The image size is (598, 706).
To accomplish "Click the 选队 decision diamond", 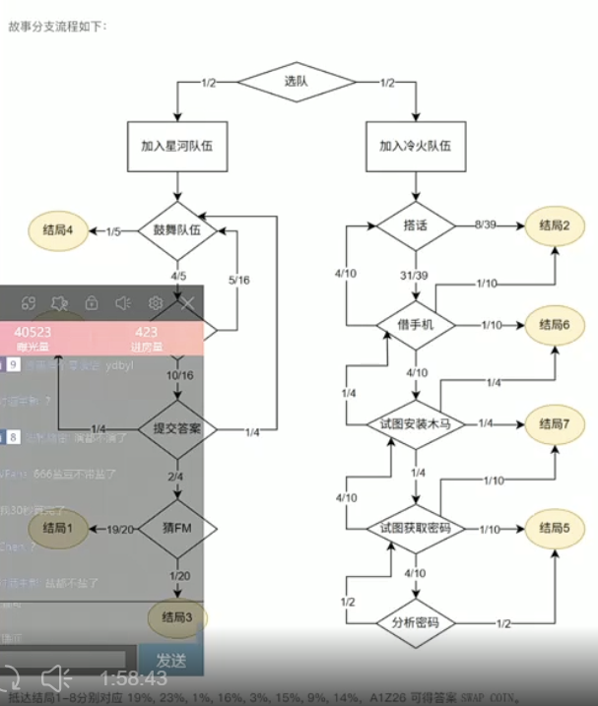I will [297, 82].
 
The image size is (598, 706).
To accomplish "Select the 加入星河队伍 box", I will [177, 144].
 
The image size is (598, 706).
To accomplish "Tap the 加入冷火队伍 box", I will [415, 144].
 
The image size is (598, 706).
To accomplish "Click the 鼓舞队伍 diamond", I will [176, 230].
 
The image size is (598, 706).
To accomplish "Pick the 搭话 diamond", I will [416, 225].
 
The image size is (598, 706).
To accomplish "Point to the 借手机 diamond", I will [415, 324].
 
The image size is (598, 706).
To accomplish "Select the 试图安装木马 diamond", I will [415, 423].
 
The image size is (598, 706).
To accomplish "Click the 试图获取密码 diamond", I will [415, 528].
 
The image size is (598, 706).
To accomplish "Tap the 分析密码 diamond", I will [415, 623].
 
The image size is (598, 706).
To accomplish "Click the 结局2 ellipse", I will [555, 225].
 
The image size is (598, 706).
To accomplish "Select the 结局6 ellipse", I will [555, 324].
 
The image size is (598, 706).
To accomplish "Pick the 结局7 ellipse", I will [555, 423].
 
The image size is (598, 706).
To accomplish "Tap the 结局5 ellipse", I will [555, 528].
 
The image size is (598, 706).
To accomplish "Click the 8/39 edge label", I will [486, 225].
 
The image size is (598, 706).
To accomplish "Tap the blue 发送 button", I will [171, 658].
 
